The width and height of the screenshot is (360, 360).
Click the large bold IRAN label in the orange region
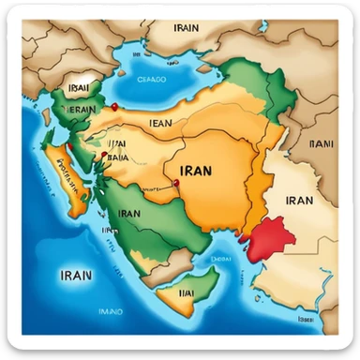(193, 172)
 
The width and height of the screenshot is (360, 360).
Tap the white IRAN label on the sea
(75, 276)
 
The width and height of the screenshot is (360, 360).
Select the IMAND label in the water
(112, 309)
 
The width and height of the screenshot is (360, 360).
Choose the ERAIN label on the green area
(78, 109)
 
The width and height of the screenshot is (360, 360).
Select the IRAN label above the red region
(299, 199)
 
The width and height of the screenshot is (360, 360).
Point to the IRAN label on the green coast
(129, 213)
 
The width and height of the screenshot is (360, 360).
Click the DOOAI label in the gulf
(221, 253)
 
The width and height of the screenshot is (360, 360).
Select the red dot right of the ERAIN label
(112, 107)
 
